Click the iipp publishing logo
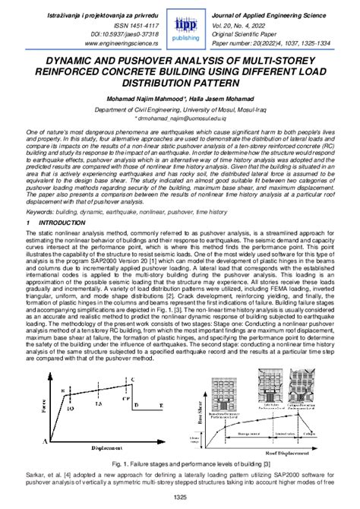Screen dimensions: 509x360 (181, 28)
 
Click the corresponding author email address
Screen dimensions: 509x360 (181, 119)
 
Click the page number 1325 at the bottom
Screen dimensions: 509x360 (180, 498)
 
